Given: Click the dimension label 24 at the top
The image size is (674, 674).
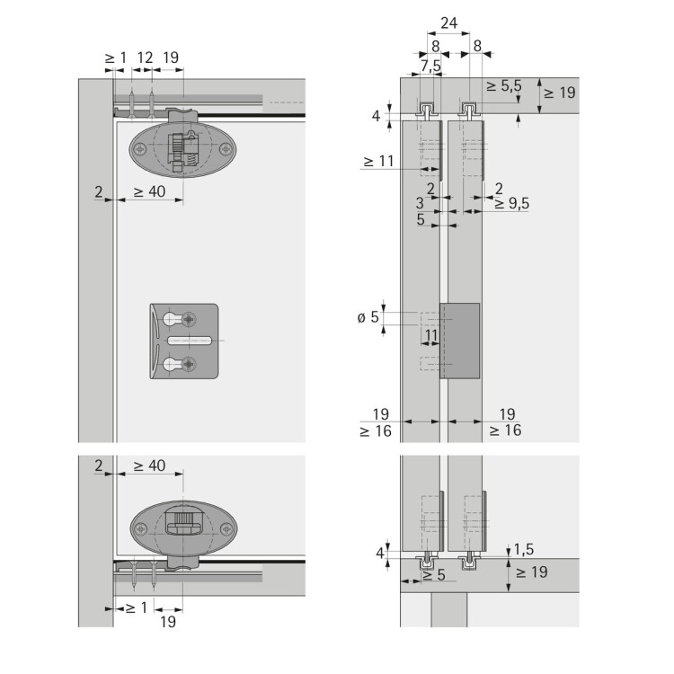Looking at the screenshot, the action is pos(448,22).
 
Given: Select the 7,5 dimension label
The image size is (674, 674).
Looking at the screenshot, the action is pos(430,66).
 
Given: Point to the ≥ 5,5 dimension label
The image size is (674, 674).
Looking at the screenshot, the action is pos(504,86).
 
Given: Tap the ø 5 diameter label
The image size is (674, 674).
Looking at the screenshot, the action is pos(368,317).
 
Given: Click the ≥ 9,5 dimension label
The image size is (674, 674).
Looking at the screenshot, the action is pos(511,203).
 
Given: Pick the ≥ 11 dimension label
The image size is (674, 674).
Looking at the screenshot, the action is pos(378,161).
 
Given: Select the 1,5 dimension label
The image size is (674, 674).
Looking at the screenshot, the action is pos(524,549).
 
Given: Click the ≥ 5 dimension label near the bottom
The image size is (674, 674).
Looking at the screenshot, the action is pos(434,575).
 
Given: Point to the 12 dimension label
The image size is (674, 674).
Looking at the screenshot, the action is pos(145,58).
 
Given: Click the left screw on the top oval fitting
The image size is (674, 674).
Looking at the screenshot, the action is pos(140,149).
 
